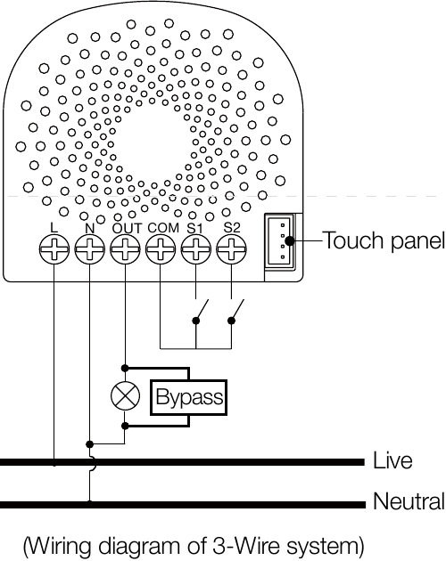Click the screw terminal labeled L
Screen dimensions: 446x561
[54, 249]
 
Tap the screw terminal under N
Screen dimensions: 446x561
[89, 249]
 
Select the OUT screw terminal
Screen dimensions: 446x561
[125, 249]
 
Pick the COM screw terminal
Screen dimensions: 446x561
[161, 249]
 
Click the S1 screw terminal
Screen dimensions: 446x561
[195, 249]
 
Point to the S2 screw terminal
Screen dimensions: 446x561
[231, 249]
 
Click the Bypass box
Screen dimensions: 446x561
[188, 397]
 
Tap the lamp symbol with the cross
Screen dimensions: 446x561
[125, 396]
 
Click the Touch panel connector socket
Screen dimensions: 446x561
[280, 240]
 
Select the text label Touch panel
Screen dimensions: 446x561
[384, 240]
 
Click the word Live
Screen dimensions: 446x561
[392, 460]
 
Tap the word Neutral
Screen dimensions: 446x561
[409, 501]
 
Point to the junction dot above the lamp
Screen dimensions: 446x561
[125, 368]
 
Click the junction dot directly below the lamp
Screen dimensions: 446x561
[125, 426]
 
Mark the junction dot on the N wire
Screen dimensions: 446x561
[89, 444]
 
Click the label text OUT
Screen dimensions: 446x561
[127, 228]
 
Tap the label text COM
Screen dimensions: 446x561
[163, 228]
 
